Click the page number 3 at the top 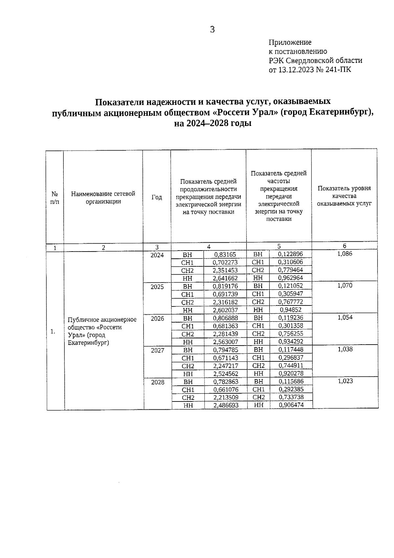212,30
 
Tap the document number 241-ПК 338,70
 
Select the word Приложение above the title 290,42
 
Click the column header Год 157,197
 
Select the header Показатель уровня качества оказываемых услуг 344,196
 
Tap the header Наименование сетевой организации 103,198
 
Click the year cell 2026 157,319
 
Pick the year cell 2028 158,382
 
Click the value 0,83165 225,255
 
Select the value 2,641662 225,278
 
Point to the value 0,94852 291,310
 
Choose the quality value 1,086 344,254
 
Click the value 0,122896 290,254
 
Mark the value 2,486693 226,405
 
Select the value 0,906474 291,405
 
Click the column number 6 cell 344,246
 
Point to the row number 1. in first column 53,331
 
